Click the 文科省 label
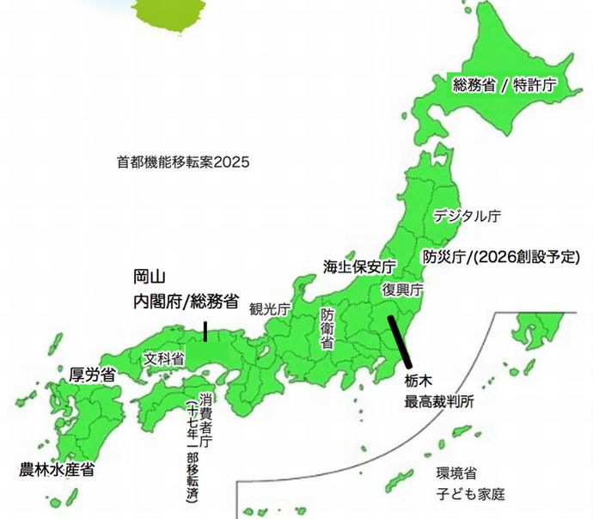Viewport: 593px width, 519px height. click(x=163, y=358)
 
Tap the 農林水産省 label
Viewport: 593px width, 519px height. click(x=57, y=470)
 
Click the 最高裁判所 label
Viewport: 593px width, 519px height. click(x=438, y=400)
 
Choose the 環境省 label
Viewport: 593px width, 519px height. click(x=456, y=473)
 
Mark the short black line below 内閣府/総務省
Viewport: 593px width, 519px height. click(x=205, y=331)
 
